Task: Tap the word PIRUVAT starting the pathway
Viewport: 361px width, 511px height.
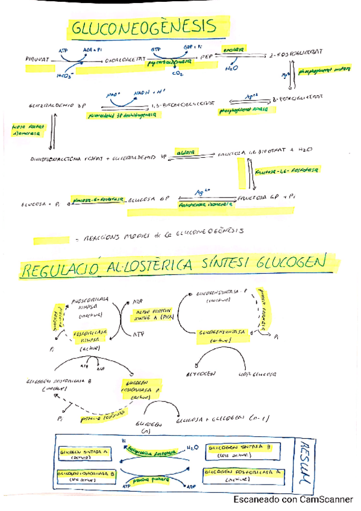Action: coord(39,60)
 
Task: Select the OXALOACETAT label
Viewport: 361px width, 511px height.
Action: coord(125,60)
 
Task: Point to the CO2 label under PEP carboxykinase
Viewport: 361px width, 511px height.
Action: coord(178,74)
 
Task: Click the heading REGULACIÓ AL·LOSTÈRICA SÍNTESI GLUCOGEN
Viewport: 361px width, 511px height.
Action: coord(172,265)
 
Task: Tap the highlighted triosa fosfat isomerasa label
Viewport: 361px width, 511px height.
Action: coord(26,131)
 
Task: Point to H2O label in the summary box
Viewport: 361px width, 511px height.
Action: coord(191,447)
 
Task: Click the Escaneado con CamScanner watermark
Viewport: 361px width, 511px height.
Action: coord(293,500)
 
